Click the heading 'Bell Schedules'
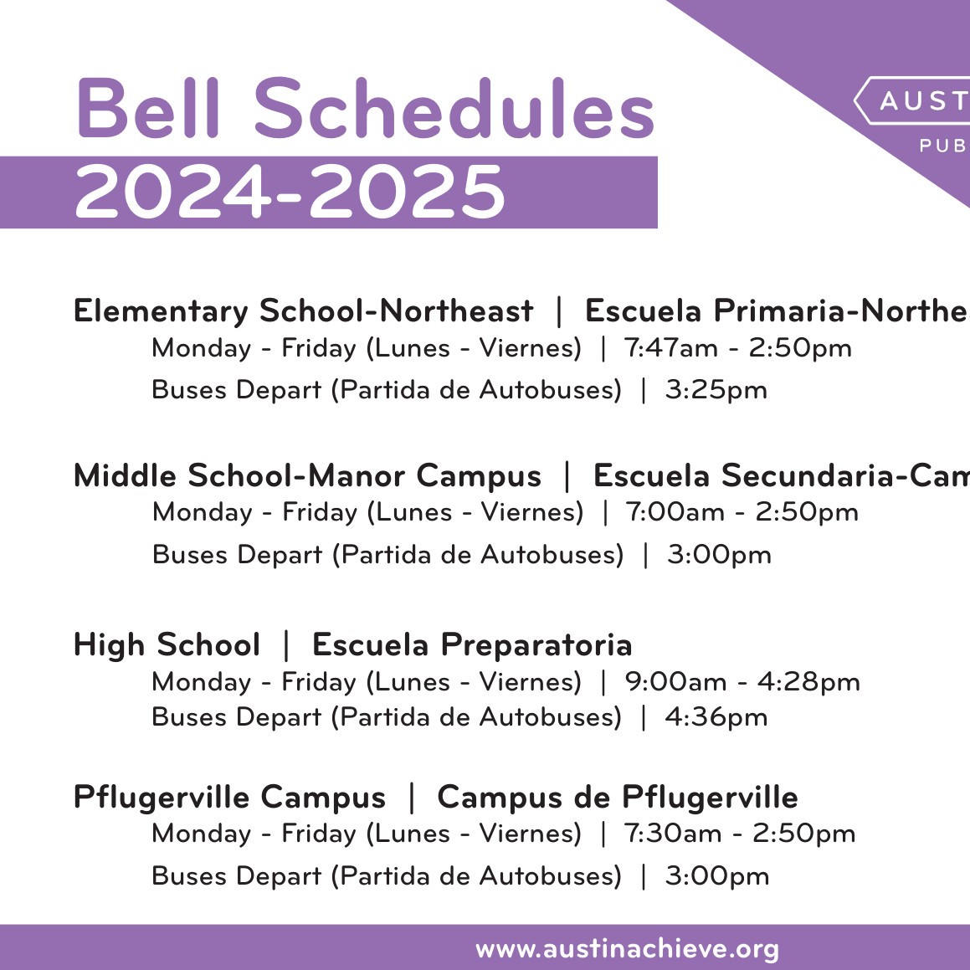click(x=364, y=109)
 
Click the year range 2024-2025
click(x=290, y=192)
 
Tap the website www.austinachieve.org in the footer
click(x=627, y=949)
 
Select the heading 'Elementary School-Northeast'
click(x=303, y=311)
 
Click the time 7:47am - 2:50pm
click(x=737, y=348)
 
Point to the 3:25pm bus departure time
click(x=716, y=390)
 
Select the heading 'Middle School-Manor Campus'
click(x=307, y=476)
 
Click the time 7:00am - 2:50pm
click(x=742, y=512)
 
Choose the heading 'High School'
click(x=167, y=645)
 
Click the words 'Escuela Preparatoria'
click(x=472, y=645)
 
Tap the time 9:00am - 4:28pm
click(x=742, y=682)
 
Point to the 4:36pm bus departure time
click(x=716, y=717)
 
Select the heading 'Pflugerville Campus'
click(x=229, y=798)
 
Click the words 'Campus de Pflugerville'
click(x=617, y=798)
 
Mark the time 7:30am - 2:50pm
click(x=739, y=834)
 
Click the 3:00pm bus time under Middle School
click(x=719, y=555)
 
